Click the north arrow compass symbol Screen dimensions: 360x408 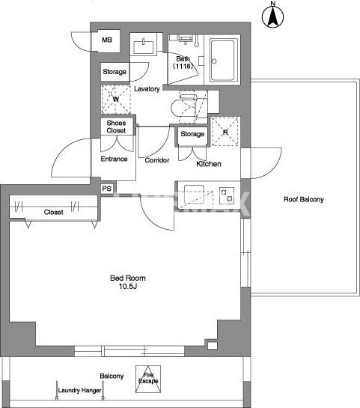pos(272,16)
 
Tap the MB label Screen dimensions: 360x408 pos(107,40)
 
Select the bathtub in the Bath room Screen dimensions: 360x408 pos(224,60)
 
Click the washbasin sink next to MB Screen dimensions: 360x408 pos(144,47)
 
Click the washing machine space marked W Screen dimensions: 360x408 pos(116,99)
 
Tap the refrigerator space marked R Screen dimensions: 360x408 pos(225,132)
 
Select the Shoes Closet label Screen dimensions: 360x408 pos(116,127)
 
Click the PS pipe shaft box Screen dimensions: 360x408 pos(107,189)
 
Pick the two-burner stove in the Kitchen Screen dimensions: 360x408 pos(227,195)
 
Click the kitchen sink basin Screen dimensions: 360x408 pos(194,194)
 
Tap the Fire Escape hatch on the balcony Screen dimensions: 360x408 pos(148,379)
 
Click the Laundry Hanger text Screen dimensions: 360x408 pos(79,390)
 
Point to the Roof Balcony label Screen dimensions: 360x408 pos(304,200)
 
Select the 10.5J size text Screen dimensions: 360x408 pos(128,287)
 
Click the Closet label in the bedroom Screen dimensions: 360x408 pos(53,213)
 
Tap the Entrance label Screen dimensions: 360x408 pos(114,159)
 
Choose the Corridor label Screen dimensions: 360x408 pos(157,160)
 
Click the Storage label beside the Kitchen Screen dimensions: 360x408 pos(192,134)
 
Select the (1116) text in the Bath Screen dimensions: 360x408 pos(183,66)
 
